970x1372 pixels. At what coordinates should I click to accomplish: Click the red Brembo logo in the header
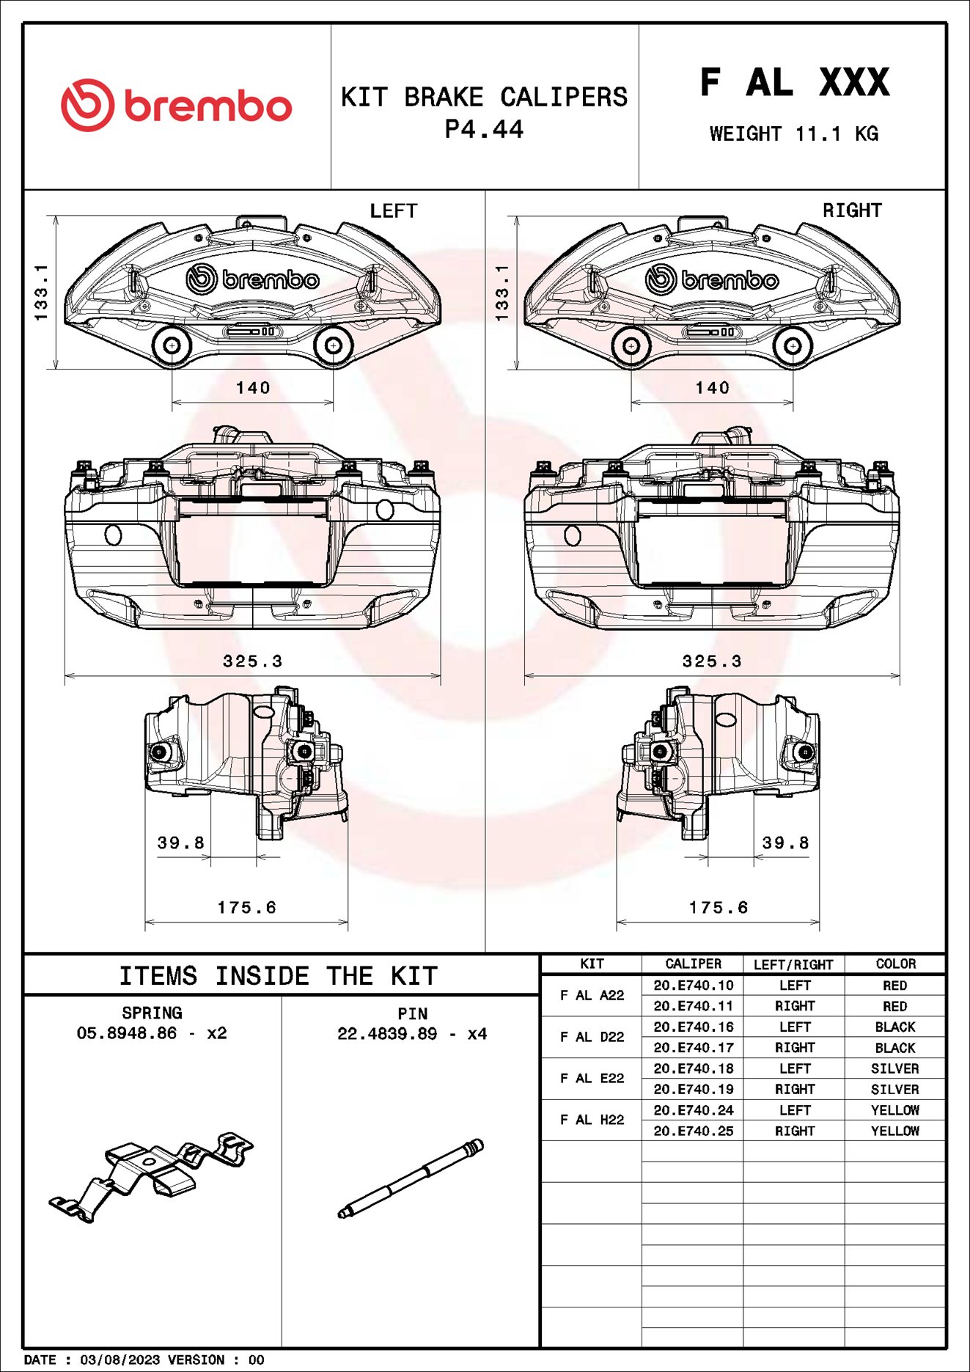(x=176, y=106)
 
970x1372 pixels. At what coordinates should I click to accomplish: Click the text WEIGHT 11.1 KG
(x=793, y=134)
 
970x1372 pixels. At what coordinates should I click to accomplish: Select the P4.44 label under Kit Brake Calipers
(x=484, y=130)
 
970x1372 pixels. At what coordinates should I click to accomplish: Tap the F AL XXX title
(x=795, y=82)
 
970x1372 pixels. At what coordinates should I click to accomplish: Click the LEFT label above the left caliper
(x=393, y=211)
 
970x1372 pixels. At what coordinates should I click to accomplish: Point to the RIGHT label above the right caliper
(x=851, y=210)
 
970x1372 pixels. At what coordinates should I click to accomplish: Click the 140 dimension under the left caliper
(x=253, y=387)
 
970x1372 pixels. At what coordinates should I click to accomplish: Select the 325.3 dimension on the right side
(x=711, y=661)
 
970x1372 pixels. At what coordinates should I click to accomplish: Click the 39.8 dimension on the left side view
(x=180, y=843)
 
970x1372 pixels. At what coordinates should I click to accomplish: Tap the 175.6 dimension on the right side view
(x=718, y=907)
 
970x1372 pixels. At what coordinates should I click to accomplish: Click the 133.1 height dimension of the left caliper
(x=42, y=292)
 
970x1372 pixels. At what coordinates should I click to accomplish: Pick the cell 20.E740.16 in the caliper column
(x=693, y=1027)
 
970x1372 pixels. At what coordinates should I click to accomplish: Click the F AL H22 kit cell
(x=592, y=1120)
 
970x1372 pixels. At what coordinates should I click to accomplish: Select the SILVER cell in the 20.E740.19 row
(x=894, y=1089)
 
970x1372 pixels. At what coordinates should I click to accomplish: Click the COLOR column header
(x=895, y=964)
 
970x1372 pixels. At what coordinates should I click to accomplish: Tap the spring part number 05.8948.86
(x=127, y=1033)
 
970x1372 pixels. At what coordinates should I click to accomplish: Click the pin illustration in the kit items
(x=411, y=1178)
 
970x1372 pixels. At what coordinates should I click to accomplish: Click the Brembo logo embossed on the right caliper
(x=711, y=279)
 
